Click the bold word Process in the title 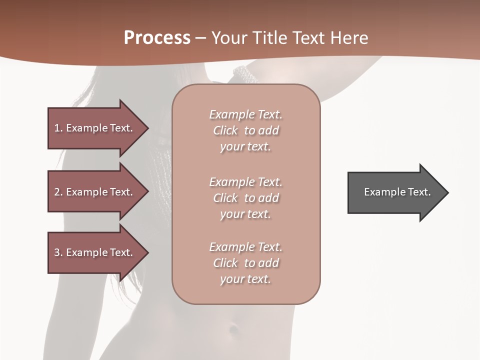tap(157, 38)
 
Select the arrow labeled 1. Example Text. tap(95, 128)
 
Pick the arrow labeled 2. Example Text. tap(95, 192)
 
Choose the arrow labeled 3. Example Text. tap(95, 252)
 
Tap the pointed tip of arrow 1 tap(147, 128)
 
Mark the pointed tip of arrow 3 tap(147, 252)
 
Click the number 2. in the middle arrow tap(58, 192)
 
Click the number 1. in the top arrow tap(58, 128)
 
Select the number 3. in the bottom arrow tap(58, 252)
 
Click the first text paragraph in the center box tap(245, 130)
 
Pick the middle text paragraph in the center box tap(245, 198)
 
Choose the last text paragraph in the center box tap(245, 263)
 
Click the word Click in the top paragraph tap(225, 131)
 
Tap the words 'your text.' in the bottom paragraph tap(245, 279)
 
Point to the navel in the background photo tap(233, 329)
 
